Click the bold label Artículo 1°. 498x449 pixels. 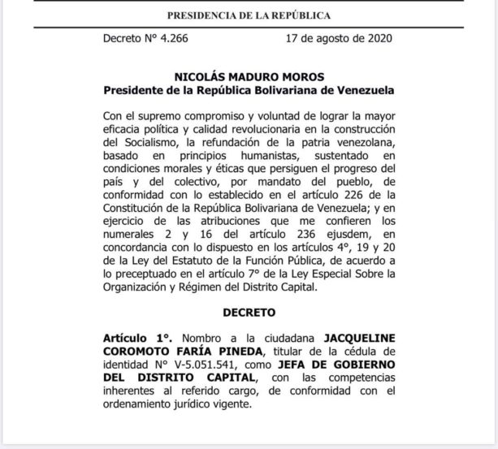130,335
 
